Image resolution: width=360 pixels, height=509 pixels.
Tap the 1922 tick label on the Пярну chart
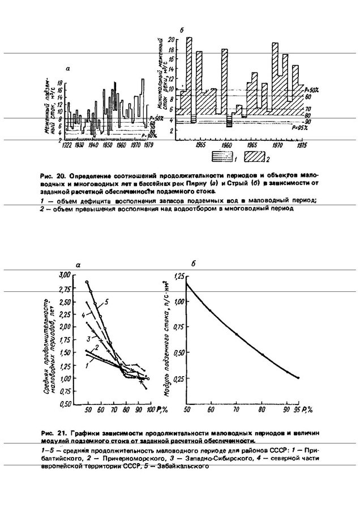tap(66, 145)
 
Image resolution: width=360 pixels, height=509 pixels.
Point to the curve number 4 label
tap(83, 314)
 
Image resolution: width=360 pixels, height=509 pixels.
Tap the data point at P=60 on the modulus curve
tap(211, 310)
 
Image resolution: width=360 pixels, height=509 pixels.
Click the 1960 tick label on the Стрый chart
tap(226, 145)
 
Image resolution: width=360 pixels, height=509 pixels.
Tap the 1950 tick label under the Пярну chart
tap(105, 145)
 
